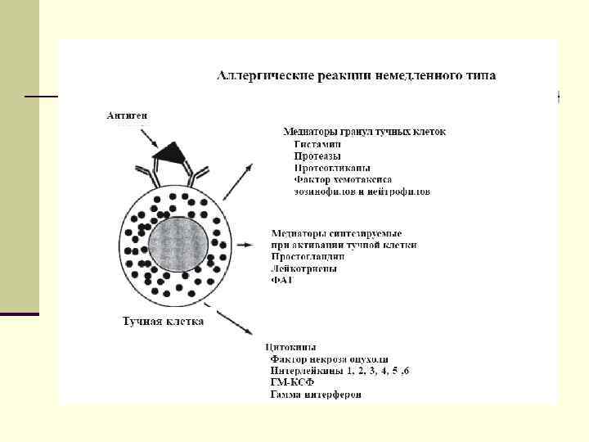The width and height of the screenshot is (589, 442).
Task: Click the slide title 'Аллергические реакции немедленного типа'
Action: point(355,76)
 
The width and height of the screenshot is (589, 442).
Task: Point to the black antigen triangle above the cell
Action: point(173,151)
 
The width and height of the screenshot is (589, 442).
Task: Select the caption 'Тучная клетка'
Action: point(163,322)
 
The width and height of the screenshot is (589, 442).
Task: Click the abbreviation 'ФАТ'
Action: point(281,280)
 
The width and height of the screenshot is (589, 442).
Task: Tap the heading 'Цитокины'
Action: point(292,347)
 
